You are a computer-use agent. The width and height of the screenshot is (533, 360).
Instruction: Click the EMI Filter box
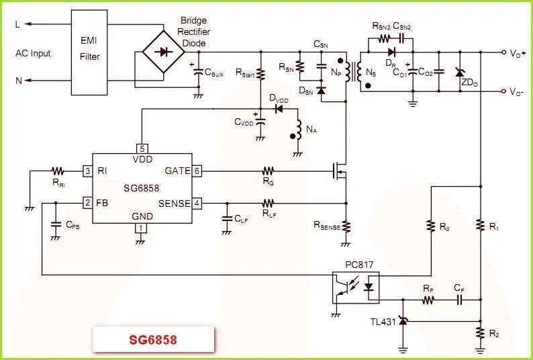click(x=89, y=51)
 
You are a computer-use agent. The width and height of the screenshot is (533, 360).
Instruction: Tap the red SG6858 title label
click(x=153, y=340)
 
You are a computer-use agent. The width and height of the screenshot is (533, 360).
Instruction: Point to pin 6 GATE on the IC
click(x=197, y=171)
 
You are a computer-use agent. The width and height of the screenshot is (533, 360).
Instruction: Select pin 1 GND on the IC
click(x=140, y=228)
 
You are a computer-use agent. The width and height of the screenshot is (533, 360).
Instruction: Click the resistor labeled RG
click(x=269, y=171)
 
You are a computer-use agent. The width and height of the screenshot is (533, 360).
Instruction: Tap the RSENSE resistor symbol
click(x=346, y=226)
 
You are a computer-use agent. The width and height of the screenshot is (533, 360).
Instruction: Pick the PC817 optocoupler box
click(x=356, y=287)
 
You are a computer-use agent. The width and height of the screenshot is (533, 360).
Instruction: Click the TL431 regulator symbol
click(x=403, y=322)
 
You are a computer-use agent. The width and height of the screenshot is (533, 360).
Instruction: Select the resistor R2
click(x=480, y=332)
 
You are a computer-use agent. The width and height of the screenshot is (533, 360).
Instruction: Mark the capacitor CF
click(x=459, y=300)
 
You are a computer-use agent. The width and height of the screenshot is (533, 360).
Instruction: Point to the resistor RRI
click(x=58, y=171)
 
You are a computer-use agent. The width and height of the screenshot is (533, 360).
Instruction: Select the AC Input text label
click(x=33, y=53)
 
